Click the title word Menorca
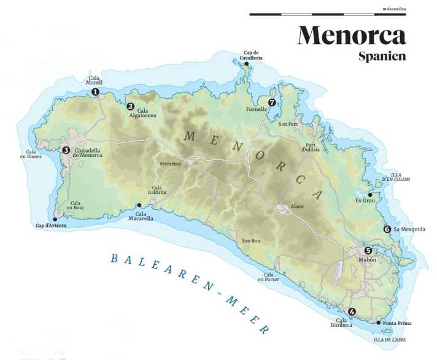point(352,35)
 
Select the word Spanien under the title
point(382,56)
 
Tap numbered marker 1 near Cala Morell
point(95,92)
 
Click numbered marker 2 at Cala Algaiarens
point(130,106)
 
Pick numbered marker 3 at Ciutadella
point(66,150)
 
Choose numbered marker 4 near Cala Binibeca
point(352,311)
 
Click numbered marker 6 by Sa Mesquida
point(387,229)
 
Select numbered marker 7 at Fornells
point(272,102)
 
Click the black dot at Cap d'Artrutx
point(55,218)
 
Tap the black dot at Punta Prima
point(378,323)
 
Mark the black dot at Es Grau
point(370,195)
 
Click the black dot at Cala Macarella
point(139,205)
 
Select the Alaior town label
point(297,207)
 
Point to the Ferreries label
point(170,164)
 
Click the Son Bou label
point(251,240)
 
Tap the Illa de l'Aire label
point(390,339)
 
